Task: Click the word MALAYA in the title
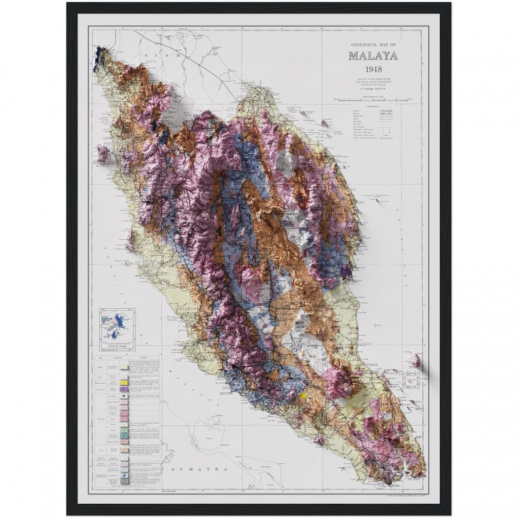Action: click(x=372, y=56)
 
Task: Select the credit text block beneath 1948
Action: click(x=372, y=83)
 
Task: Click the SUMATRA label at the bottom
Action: click(x=194, y=467)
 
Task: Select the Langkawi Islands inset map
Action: click(x=117, y=330)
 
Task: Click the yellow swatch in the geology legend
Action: click(x=124, y=382)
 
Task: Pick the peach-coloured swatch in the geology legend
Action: click(x=124, y=447)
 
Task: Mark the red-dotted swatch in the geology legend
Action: click(x=124, y=465)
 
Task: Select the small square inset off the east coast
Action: click(x=410, y=384)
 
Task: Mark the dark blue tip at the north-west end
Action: click(x=103, y=52)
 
